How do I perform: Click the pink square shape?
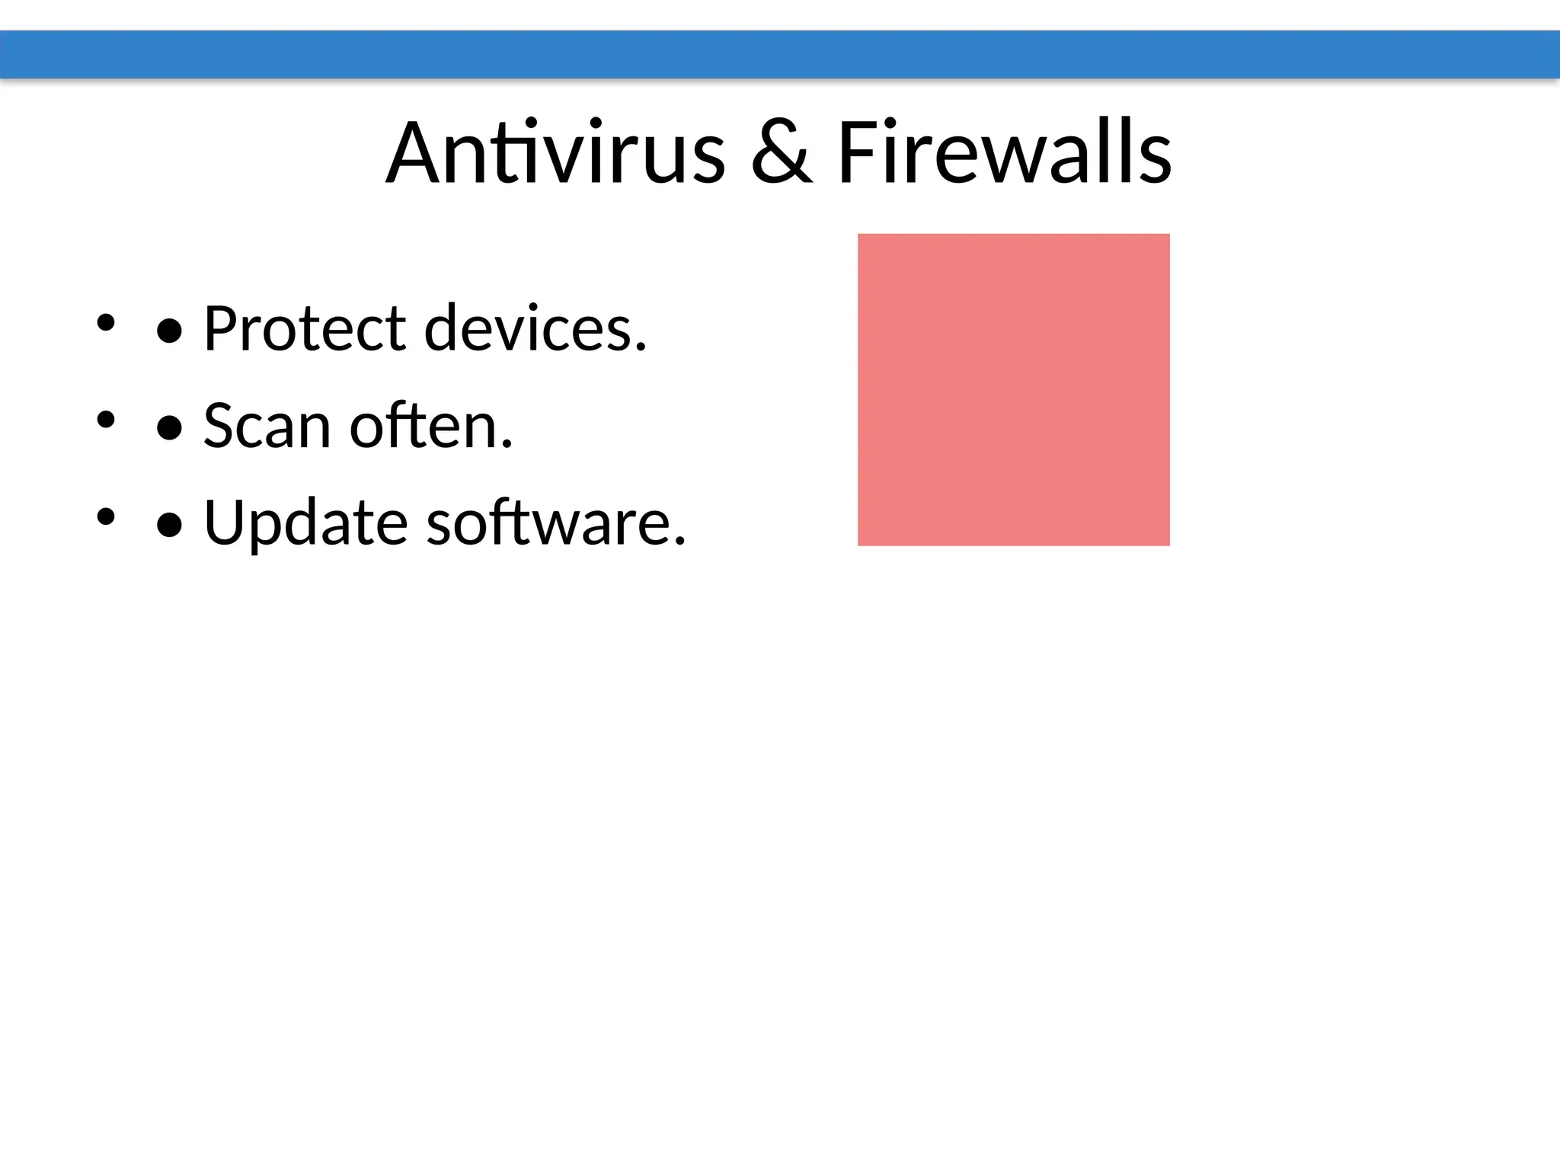[1013, 389]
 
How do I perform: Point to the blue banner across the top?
[780, 54]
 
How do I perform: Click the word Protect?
[305, 328]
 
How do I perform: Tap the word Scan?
[267, 426]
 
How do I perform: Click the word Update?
[305, 523]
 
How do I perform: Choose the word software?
[549, 523]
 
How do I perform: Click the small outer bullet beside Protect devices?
[105, 322]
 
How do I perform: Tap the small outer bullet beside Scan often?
[105, 420]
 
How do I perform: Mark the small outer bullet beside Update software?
[105, 517]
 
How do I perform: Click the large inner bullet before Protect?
[169, 331]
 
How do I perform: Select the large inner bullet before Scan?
[169, 429]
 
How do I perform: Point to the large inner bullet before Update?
[169, 526]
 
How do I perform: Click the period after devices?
[641, 348]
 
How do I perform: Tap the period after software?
[679, 542]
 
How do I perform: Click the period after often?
[507, 445]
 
